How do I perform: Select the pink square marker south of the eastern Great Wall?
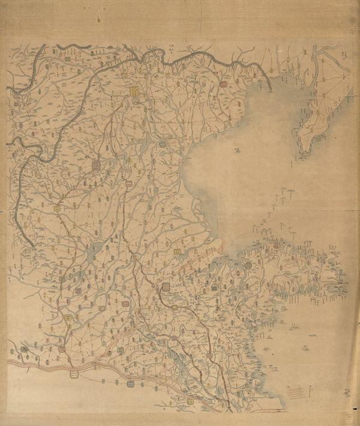pyautogui.click(x=224, y=85)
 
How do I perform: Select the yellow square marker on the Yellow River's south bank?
pyautogui.click(x=74, y=373)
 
